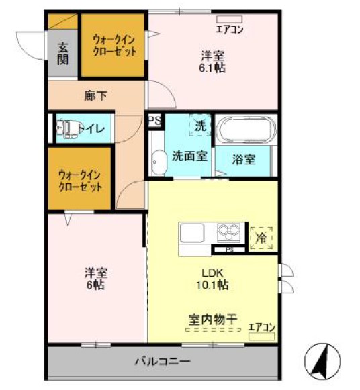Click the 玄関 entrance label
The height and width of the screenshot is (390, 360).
pos(62,53)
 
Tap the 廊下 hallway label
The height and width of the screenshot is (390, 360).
pos(95,96)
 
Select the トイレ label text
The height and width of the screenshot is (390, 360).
pos(90,128)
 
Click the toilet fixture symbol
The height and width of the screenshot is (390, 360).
pos(63,128)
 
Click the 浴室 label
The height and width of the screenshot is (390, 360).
pos(243,160)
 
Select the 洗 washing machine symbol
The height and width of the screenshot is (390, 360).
pos(201,126)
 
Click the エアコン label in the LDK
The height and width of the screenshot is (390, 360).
pos(261,327)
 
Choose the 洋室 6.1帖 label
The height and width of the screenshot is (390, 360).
pos(212,61)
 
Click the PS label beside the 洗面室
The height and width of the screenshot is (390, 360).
pos(154,121)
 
